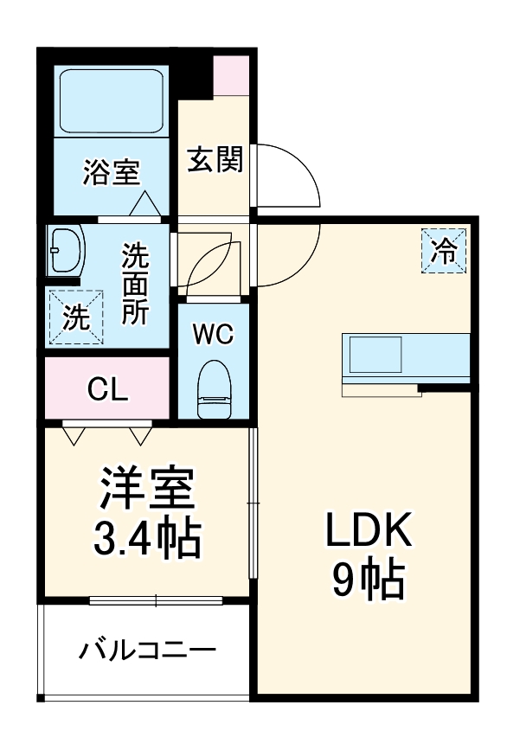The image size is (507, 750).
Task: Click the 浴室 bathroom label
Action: point(111,172)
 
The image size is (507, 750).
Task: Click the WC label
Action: point(213,333)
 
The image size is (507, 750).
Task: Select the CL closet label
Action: point(108,389)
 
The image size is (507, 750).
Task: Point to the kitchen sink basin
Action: point(375,355)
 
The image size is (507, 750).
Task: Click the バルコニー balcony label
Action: point(147,650)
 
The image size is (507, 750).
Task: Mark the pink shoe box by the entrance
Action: point(231,76)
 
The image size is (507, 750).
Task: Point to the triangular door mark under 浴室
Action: point(144,204)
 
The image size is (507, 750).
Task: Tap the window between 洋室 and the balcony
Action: point(156,599)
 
